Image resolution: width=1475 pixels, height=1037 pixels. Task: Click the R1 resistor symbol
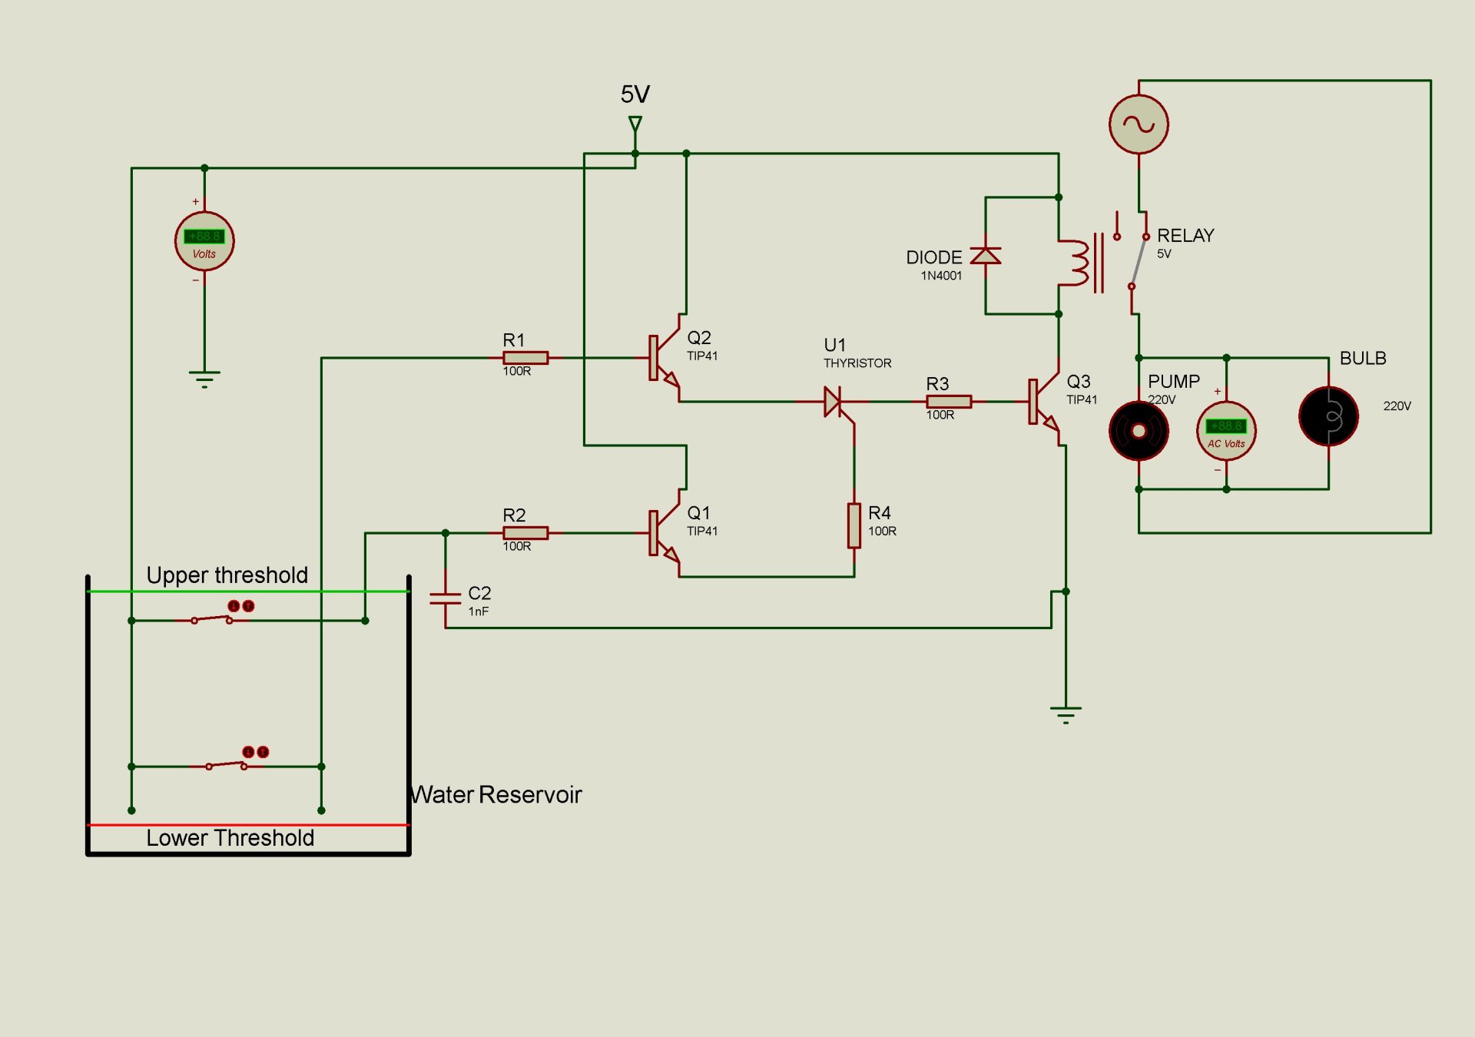(x=525, y=357)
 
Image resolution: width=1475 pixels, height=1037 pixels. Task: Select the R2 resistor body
(x=525, y=532)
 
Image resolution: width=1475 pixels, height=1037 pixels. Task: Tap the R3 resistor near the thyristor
(x=949, y=401)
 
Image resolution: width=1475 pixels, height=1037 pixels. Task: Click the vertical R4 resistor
(x=854, y=525)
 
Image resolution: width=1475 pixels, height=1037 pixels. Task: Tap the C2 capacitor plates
(x=445, y=599)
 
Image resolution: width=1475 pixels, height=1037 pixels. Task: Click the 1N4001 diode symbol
(x=985, y=256)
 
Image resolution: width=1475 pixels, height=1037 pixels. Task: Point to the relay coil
(x=1078, y=263)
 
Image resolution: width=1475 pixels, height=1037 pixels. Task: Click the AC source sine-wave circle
(x=1139, y=124)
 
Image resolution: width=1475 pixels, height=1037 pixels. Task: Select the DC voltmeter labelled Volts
(x=204, y=241)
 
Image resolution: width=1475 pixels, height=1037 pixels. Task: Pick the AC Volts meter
(x=1226, y=431)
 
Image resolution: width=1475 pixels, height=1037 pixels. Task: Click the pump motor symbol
(x=1139, y=431)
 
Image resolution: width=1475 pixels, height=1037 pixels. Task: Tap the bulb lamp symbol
(x=1328, y=416)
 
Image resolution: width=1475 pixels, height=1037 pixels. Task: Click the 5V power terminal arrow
(x=635, y=124)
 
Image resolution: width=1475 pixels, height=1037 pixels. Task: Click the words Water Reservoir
(x=496, y=794)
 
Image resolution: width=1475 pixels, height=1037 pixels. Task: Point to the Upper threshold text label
(x=227, y=575)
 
